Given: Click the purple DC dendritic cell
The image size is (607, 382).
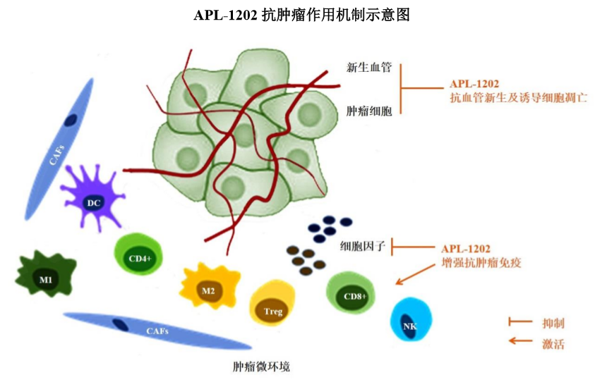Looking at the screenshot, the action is tap(93, 199).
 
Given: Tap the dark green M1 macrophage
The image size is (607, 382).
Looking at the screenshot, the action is tap(46, 273).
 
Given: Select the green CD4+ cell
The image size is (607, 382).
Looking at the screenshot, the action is tap(138, 254).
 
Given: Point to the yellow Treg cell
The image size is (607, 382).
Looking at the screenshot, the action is tap(272, 303).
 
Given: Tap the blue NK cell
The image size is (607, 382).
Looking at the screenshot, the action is tap(411, 319).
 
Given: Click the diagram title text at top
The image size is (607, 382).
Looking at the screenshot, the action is tap(301, 15).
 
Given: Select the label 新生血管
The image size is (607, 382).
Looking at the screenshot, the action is tap(369, 67).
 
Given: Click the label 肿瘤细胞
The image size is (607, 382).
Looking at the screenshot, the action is tap(369, 111).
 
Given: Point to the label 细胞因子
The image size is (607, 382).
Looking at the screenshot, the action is tap(363, 246).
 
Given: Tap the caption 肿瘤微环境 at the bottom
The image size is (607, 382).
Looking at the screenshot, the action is tap(261, 366).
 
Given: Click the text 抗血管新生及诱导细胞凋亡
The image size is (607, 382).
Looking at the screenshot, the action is tap(519, 97).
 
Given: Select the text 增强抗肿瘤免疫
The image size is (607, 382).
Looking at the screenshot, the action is tap(481, 263).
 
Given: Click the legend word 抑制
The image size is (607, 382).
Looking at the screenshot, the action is tap(553, 323).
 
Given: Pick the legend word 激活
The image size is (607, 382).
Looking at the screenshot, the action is tap(553, 343).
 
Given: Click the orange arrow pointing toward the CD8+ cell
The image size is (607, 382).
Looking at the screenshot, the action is tap(415, 274).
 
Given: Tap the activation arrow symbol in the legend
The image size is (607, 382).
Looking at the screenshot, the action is tap(520, 340).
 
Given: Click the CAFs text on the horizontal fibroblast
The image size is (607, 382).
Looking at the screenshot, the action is tap(157, 331).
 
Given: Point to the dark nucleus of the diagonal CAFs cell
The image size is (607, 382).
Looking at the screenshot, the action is tap(70, 120).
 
